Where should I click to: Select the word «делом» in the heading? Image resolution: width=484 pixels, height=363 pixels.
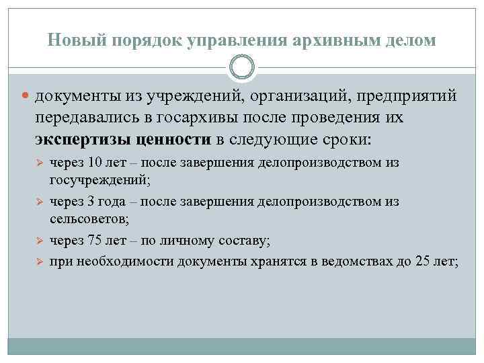(x=411, y=40)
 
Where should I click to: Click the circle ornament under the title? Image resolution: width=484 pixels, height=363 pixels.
(x=242, y=68)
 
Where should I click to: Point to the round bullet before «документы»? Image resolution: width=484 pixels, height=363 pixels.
(x=28, y=97)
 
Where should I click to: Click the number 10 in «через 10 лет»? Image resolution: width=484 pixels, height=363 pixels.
(x=95, y=163)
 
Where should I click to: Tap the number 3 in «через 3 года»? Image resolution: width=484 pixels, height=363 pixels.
(x=92, y=201)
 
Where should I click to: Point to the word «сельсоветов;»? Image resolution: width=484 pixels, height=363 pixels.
(x=89, y=219)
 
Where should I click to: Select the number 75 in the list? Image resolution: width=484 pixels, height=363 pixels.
(x=95, y=239)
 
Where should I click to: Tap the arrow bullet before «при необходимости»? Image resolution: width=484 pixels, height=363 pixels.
(x=39, y=260)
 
